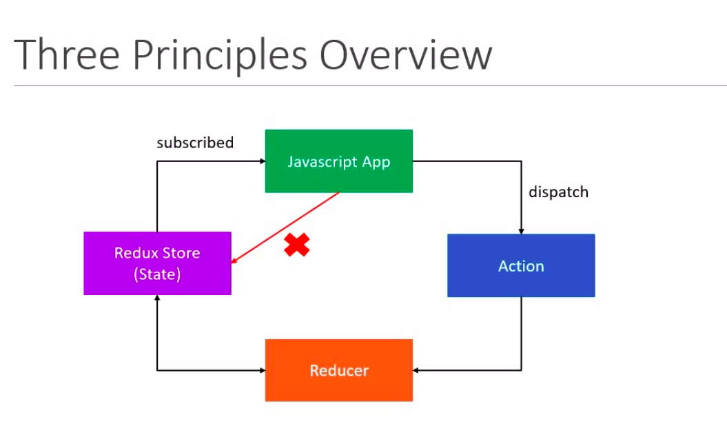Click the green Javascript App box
click(338, 161)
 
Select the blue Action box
click(521, 265)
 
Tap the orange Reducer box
click(338, 370)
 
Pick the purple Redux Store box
click(157, 263)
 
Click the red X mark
click(297, 245)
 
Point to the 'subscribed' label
click(195, 143)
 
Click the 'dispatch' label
click(558, 192)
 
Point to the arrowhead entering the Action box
click(521, 230)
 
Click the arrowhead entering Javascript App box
click(262, 161)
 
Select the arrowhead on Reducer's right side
click(417, 370)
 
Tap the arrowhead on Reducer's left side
click(262, 370)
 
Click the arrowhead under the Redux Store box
click(157, 298)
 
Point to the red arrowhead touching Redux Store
click(235, 261)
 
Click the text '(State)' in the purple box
click(157, 274)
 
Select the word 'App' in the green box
click(376, 163)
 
